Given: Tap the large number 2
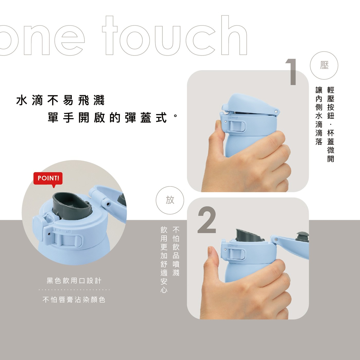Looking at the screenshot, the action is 207,220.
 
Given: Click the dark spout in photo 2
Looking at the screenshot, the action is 247,235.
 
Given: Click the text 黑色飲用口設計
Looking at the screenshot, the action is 74,281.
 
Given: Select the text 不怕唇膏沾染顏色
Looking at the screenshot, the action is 74,300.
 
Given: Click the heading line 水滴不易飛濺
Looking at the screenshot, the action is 60,100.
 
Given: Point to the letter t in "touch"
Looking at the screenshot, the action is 110,35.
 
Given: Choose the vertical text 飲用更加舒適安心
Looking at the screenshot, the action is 164,259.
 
